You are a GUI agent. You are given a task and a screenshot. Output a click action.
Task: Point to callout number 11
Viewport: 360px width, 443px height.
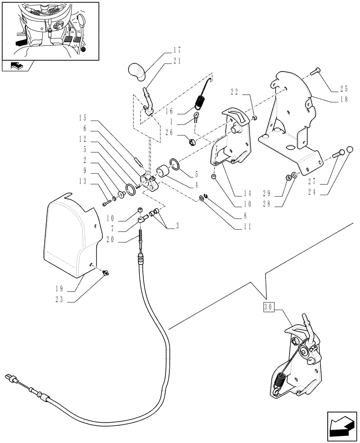coord(247,227)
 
